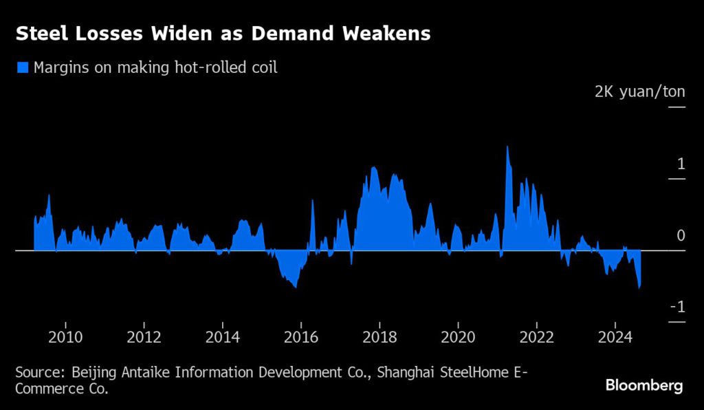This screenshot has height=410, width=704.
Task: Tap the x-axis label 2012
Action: coord(144,337)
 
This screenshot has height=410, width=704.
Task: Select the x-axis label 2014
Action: coord(223,337)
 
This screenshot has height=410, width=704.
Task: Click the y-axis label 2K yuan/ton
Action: coord(639,91)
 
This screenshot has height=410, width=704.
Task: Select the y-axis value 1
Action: coord(681,164)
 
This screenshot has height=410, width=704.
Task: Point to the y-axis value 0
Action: coord(681,235)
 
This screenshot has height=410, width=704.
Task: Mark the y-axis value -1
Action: coord(677,307)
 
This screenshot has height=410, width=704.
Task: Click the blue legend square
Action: coord(23,67)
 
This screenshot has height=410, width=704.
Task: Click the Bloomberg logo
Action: coord(644,385)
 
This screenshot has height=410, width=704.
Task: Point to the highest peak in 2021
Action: coord(507,147)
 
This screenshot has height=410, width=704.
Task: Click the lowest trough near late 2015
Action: coord(296,287)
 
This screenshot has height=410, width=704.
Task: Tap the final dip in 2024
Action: coord(639,288)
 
